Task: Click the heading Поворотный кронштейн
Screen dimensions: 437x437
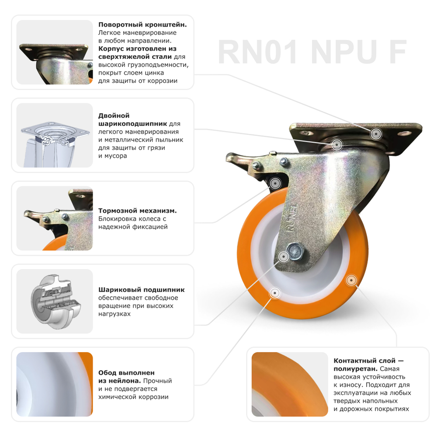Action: point(142,25)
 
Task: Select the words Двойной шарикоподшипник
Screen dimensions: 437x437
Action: point(131,120)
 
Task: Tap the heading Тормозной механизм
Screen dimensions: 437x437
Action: point(137,211)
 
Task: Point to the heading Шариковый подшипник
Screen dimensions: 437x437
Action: point(141,290)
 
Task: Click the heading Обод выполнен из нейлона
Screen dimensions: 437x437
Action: point(126,377)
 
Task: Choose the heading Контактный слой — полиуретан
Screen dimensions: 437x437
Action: point(368,365)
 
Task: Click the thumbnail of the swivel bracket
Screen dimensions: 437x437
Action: point(55,52)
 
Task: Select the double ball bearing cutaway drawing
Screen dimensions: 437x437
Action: point(55,135)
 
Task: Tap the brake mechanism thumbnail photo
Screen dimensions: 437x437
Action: point(55,218)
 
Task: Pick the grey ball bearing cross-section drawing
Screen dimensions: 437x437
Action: point(55,302)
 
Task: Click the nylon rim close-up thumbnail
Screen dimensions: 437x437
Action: point(55,385)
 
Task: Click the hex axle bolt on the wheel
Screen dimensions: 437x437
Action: point(296,252)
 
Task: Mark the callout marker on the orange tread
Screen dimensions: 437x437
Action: point(350,280)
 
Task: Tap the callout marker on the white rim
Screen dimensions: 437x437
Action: point(275,293)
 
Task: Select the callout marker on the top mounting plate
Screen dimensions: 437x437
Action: point(375,134)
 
